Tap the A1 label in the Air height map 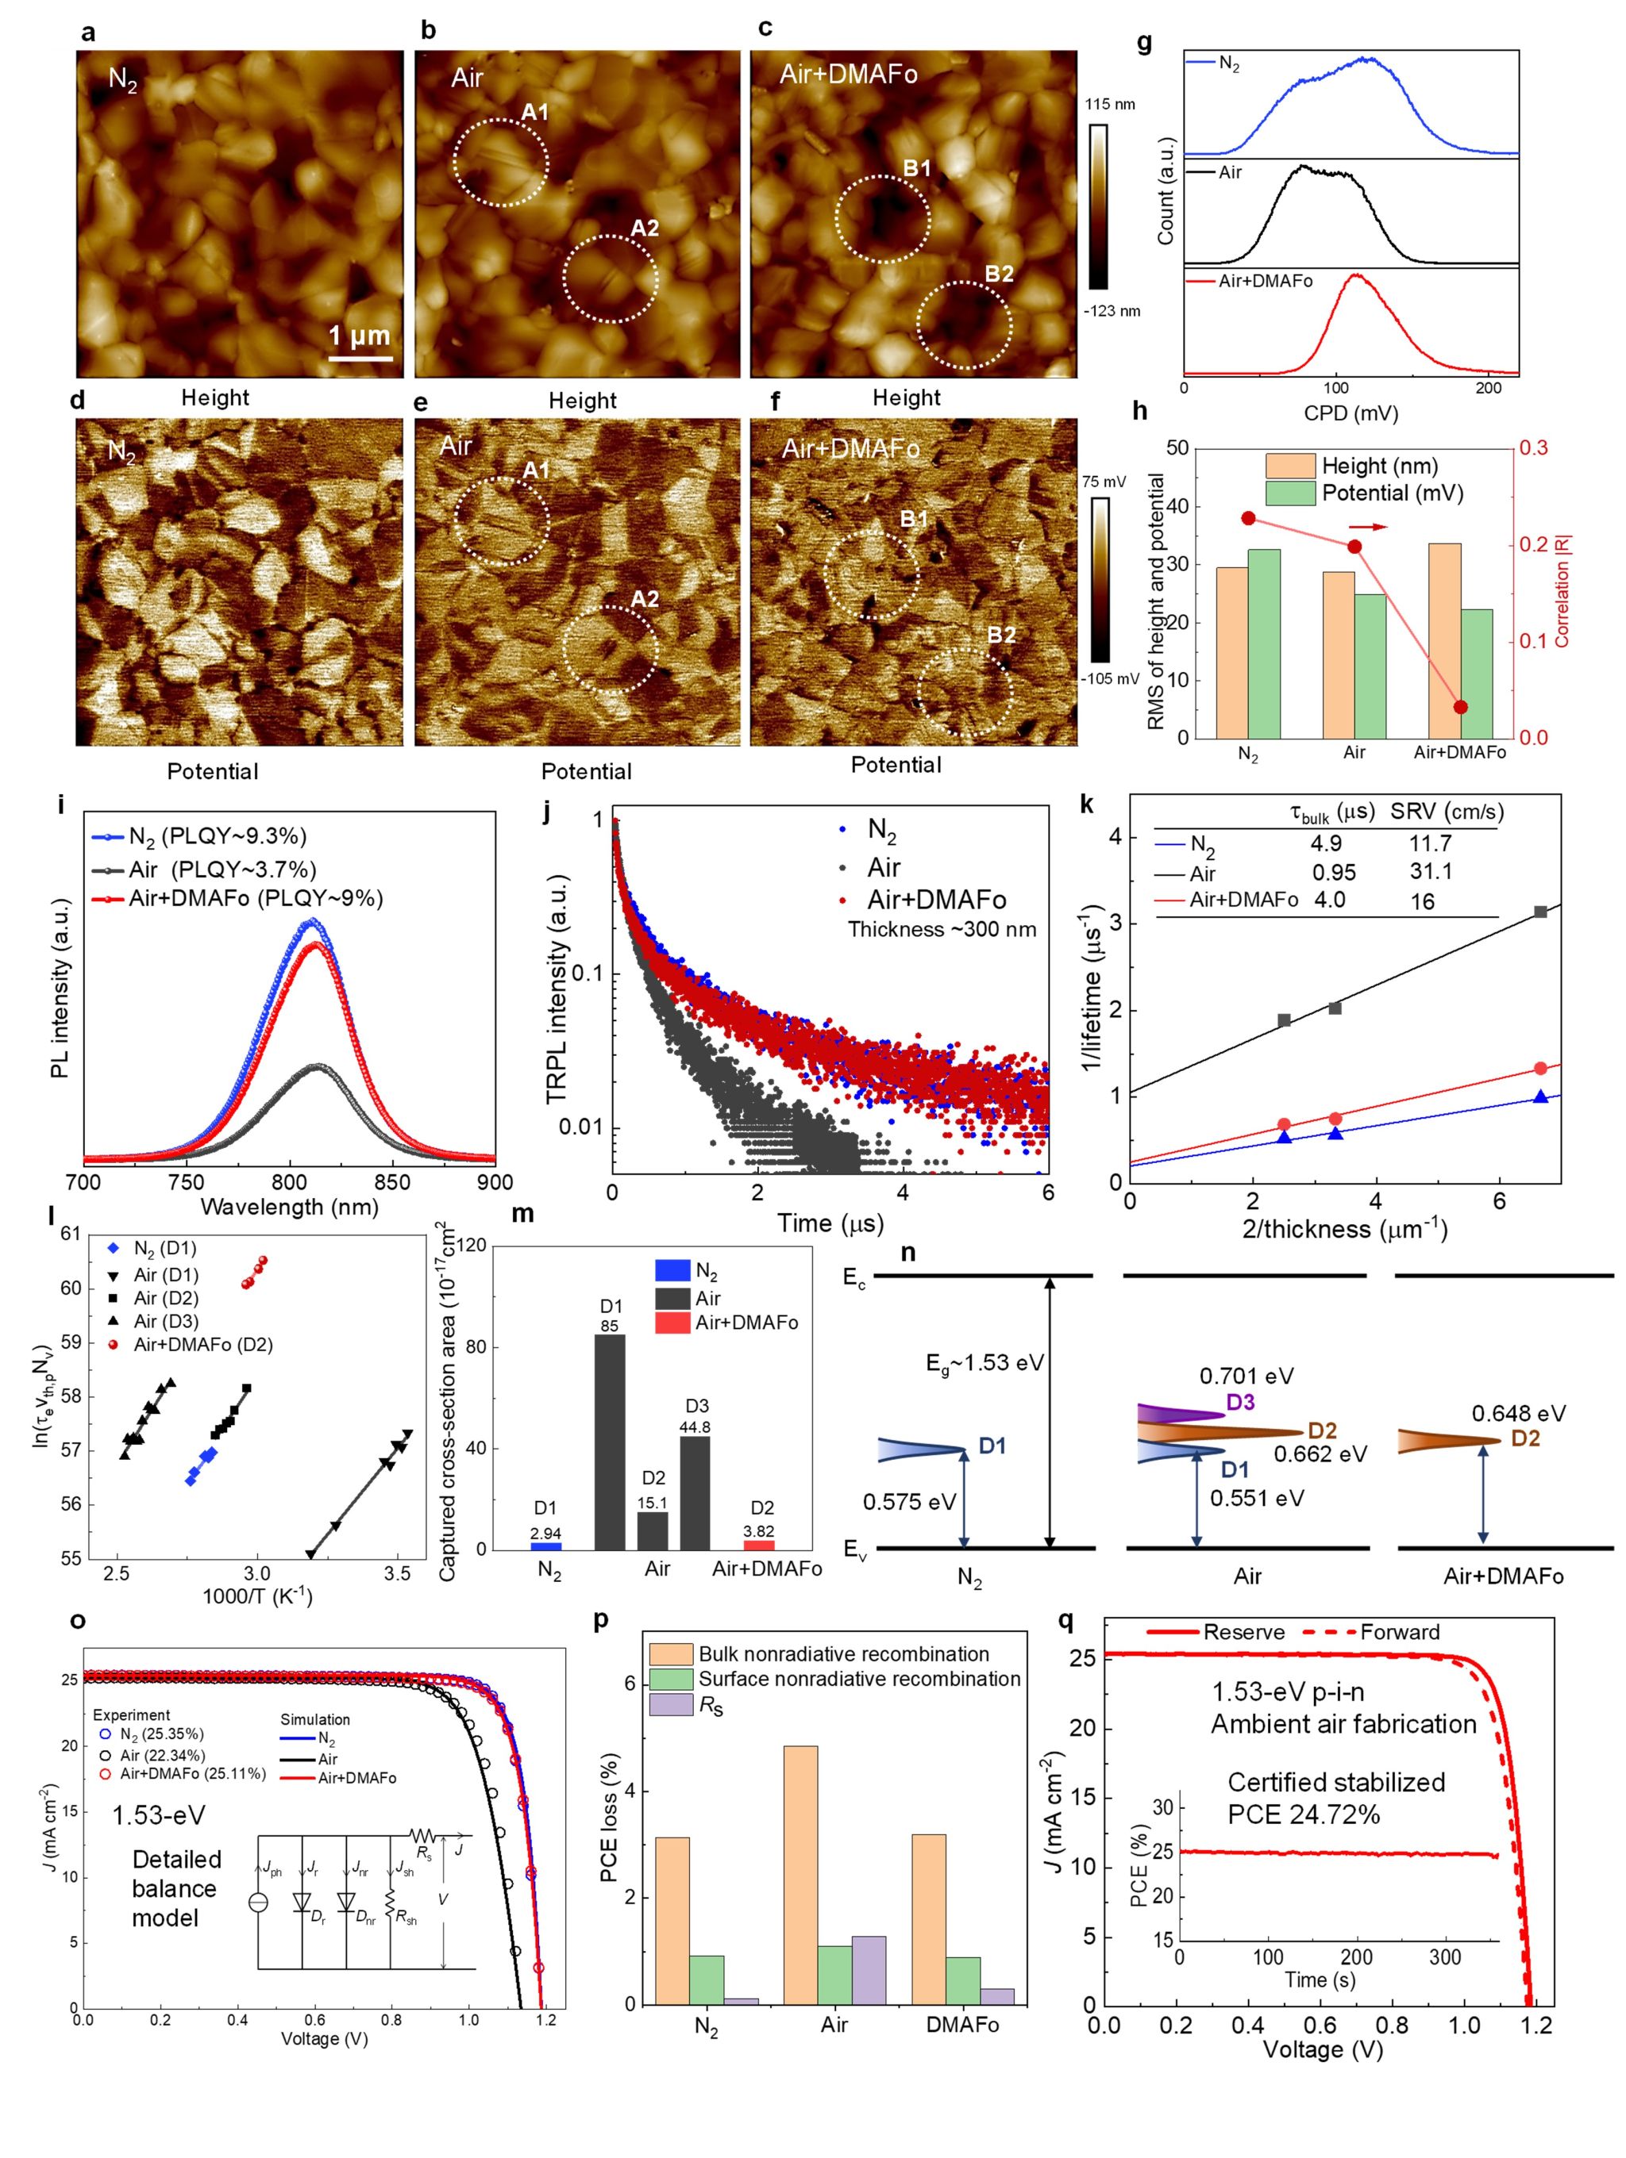tap(535, 112)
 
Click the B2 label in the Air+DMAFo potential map tap(1001, 635)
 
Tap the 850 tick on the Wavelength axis tap(392, 1182)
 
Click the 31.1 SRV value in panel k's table tap(1431, 872)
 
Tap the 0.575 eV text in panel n tap(908, 1501)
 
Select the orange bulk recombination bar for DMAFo tap(928, 1919)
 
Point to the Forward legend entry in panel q tap(1400, 1632)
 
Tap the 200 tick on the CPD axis tap(1489, 388)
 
